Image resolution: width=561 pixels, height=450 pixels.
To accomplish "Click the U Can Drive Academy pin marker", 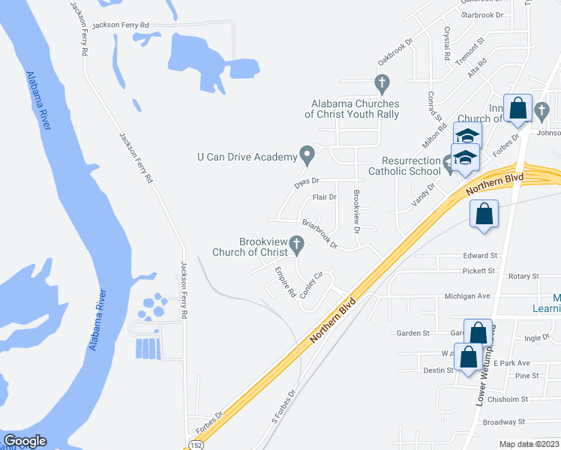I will click(307, 155).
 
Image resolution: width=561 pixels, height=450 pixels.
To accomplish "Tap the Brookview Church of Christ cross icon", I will click(296, 244).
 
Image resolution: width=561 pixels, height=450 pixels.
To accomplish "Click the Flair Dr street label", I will click(324, 197).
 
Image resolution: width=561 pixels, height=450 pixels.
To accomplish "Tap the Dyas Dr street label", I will click(306, 181).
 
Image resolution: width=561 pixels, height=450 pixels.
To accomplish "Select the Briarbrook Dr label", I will click(319, 232).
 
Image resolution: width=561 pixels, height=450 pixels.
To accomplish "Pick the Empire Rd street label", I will click(284, 281).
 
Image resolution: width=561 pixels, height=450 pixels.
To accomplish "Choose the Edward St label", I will click(480, 256).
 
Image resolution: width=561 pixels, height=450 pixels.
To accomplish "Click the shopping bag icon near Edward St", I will click(484, 214).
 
